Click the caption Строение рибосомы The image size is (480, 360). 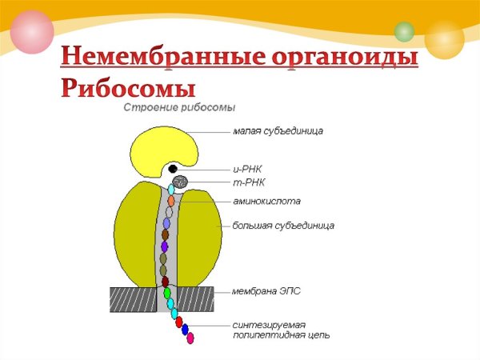click(x=178, y=107)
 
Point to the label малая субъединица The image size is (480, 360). click(x=278, y=131)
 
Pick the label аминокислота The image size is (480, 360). click(x=266, y=202)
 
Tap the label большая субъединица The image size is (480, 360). click(x=283, y=226)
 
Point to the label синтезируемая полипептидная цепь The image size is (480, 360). click(x=281, y=330)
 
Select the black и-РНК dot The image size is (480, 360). click(x=173, y=169)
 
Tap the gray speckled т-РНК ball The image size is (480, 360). click(x=181, y=183)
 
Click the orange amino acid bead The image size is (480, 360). click(x=171, y=201)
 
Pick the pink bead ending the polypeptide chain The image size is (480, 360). click(x=190, y=338)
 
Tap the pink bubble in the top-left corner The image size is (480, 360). click(x=32, y=32)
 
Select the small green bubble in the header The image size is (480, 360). click(x=404, y=31)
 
